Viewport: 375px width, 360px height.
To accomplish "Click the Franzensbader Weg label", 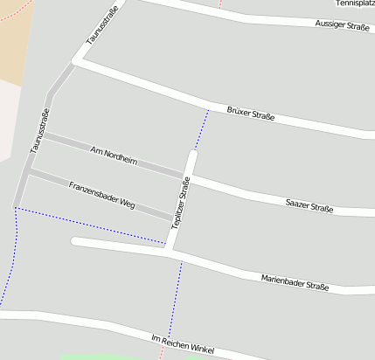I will coord(101,192).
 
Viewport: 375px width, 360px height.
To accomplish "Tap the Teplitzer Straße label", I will coord(181,202).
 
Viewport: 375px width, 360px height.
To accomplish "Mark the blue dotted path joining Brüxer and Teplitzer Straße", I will coord(201,131).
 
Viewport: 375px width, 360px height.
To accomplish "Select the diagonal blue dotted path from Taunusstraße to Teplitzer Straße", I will coord(87,225).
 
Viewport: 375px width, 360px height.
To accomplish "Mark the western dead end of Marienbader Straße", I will coord(75,240).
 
